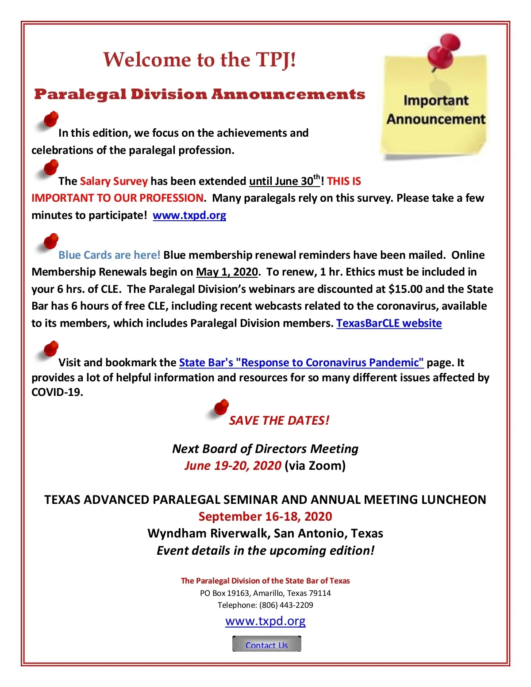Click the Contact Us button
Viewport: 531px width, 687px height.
(x=266, y=644)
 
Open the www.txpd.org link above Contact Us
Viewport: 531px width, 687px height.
(x=265, y=621)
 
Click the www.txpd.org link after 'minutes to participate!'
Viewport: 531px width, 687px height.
(x=189, y=215)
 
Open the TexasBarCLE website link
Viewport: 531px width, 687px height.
(x=389, y=323)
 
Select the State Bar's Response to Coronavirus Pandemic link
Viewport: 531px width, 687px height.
(x=301, y=363)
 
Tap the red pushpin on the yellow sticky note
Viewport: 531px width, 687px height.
(x=443, y=52)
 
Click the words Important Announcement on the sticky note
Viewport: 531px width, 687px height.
(x=436, y=110)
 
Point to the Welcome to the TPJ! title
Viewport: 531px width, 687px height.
(x=200, y=60)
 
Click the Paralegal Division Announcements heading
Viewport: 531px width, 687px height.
(x=200, y=94)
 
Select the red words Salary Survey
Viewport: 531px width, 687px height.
(x=114, y=181)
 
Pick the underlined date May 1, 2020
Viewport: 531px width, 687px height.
(x=227, y=272)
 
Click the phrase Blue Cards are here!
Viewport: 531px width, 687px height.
(x=109, y=255)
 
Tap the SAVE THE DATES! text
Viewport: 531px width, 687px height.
(x=279, y=421)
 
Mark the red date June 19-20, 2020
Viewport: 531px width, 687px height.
(x=233, y=466)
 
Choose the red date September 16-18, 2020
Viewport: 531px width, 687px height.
(x=265, y=517)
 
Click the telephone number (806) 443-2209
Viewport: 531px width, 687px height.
(x=286, y=605)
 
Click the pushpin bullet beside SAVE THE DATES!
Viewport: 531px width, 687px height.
(x=220, y=408)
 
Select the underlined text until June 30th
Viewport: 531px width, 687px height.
(x=284, y=181)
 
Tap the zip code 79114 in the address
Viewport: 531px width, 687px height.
(x=319, y=593)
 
